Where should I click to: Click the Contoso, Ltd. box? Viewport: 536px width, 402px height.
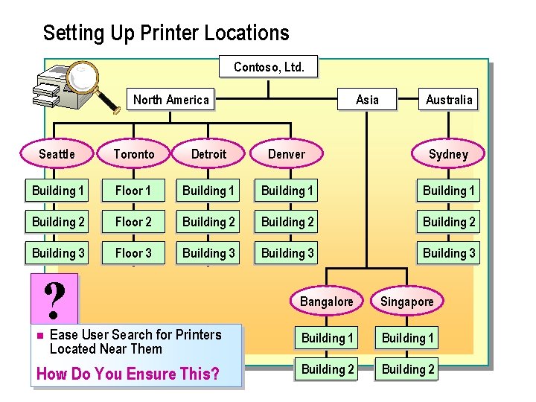coord(269,67)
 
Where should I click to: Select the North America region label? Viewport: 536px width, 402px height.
coord(171,100)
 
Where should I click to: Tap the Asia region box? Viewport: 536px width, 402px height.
coord(367,100)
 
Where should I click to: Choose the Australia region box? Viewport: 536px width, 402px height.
coord(449,100)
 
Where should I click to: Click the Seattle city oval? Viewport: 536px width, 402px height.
coord(57,154)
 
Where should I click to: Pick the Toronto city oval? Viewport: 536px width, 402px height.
coord(134,154)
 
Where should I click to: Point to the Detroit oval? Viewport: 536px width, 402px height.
coord(208,154)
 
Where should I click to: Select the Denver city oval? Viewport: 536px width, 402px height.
coord(287,154)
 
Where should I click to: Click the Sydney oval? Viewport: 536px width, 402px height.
coord(448,154)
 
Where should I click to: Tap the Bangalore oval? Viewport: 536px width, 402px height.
coord(327,301)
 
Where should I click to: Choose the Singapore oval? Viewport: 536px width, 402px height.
coord(407,301)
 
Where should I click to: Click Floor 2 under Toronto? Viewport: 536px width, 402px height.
coord(133,222)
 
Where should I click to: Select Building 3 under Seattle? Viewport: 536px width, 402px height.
coord(58,253)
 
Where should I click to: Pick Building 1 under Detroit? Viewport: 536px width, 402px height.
coord(208,191)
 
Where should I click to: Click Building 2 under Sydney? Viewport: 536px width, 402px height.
coord(449,222)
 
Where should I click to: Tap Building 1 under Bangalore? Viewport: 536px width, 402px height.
coord(328,338)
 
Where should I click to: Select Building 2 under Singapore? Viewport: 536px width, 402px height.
coord(408,369)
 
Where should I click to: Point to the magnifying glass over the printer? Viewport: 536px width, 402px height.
coord(88,80)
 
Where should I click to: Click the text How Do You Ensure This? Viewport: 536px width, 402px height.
coord(128,374)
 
